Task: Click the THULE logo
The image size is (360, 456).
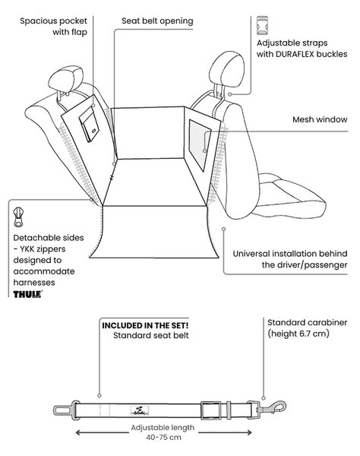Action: click(x=28, y=294)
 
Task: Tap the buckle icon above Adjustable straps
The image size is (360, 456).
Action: click(x=262, y=26)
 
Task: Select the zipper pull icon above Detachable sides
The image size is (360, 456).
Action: click(x=18, y=217)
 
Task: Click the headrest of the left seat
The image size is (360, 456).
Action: click(x=66, y=79)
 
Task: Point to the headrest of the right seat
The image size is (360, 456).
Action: click(x=226, y=69)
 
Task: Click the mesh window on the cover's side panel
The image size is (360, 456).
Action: click(x=199, y=145)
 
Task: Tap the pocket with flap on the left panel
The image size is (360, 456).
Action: click(x=89, y=124)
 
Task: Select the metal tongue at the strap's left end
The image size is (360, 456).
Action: click(x=63, y=411)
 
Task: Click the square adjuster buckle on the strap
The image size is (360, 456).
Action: click(x=211, y=410)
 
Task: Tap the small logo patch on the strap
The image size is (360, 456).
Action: click(x=140, y=410)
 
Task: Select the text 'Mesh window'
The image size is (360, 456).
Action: click(x=320, y=119)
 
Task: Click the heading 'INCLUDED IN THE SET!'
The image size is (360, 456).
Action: click(x=145, y=325)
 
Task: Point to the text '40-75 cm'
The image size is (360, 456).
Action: click(x=163, y=437)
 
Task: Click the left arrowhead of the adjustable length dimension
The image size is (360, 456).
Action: click(x=78, y=432)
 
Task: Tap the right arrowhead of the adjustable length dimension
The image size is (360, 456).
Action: click(x=248, y=432)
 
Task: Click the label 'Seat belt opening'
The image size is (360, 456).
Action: click(x=157, y=21)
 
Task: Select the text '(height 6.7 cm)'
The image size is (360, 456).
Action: click(x=298, y=334)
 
